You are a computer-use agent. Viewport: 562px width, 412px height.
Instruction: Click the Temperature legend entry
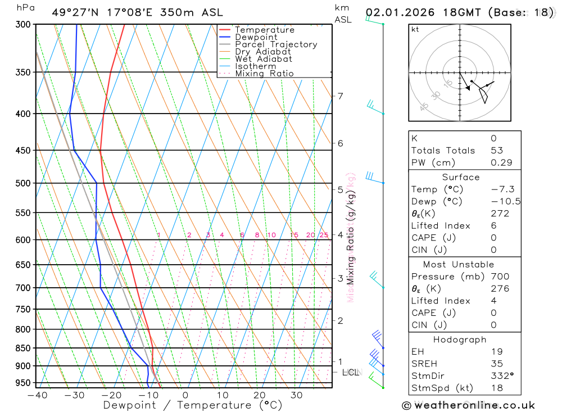tap(264, 30)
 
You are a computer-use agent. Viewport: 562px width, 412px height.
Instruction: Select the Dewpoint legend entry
tap(256, 37)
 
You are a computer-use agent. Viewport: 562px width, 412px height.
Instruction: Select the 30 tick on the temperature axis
tap(296, 395)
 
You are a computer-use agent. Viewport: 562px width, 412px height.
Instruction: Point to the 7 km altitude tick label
tap(340, 96)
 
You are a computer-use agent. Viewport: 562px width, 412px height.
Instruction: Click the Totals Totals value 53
tap(496, 151)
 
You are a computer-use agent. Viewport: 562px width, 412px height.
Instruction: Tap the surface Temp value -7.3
tap(502, 189)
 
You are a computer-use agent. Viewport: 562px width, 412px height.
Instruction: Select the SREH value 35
tap(496, 364)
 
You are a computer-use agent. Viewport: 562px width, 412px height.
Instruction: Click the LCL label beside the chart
tap(350, 372)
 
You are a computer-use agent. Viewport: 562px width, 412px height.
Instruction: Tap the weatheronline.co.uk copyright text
tap(468, 405)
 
